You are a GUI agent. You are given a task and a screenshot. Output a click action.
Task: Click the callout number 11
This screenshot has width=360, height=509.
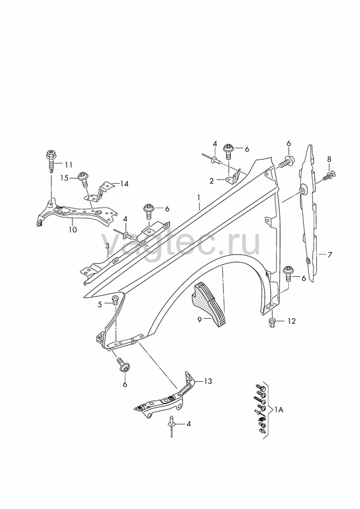coord(68,165)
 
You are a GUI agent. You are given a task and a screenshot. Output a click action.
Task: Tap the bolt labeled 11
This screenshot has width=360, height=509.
coord(52,162)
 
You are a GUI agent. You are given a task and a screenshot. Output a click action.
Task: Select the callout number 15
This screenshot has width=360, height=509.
coord(65,178)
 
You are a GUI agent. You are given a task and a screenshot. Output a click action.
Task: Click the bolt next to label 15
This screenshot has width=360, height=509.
coord(83,179)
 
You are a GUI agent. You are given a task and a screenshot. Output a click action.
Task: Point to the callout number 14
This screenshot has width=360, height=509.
coord(123,184)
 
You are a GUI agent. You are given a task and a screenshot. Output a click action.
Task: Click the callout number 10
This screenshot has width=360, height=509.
coord(73,230)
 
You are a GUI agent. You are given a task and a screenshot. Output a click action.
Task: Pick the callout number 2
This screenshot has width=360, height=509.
coord(212,181)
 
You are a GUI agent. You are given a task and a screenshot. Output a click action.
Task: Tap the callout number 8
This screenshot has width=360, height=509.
coord(329,160)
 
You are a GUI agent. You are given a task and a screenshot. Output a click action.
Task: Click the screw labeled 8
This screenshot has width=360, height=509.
coord(329,176)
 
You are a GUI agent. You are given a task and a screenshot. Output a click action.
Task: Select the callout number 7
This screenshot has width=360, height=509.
coord(329,255)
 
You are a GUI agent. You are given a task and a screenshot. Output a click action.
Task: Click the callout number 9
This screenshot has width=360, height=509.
coord(200,320)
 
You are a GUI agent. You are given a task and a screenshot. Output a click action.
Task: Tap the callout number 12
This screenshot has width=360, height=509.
coord(291,321)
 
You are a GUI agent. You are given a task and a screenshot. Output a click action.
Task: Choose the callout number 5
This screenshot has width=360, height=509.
coord(100,305)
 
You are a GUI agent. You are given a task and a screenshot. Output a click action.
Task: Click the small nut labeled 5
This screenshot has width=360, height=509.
coord(114,300)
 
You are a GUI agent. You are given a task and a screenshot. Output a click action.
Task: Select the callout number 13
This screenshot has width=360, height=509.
coord(208,381)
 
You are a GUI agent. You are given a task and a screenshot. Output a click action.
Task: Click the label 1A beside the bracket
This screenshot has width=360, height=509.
coord(279,410)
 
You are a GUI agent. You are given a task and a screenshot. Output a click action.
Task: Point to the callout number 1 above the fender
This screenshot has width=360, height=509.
coord(199,197)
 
